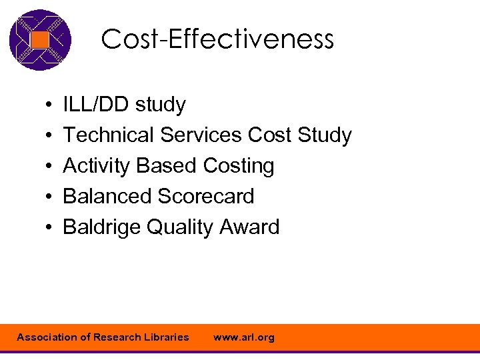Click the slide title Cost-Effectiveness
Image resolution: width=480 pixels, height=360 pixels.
point(217,40)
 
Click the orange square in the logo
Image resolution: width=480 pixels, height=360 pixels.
point(40,40)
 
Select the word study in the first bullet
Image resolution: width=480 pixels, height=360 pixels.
point(161,105)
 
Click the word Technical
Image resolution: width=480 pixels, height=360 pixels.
point(108,135)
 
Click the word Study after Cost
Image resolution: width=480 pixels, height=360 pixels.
point(325,136)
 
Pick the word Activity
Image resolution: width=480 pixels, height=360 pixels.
point(97,166)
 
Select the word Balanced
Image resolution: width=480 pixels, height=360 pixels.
point(107,197)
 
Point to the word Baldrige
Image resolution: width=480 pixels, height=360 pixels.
point(101,227)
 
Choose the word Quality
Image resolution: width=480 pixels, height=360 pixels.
point(176,228)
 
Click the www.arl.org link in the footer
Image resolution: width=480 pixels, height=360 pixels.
point(243,337)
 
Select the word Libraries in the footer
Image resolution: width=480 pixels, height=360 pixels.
point(165,337)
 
